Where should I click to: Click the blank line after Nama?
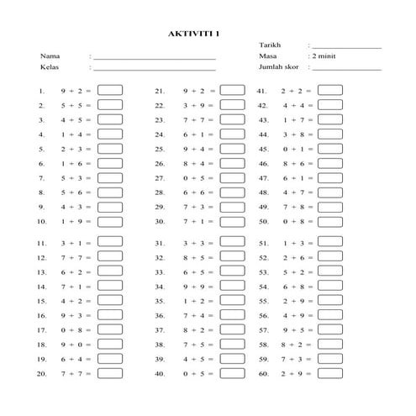[x=155, y=58]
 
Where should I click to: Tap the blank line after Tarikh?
[x=346, y=47]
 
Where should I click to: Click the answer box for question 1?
[x=110, y=90]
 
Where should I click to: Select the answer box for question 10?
[x=110, y=222]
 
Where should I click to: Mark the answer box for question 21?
[x=232, y=90]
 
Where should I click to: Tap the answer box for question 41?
[x=330, y=90]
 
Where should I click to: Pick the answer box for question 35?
[x=232, y=300]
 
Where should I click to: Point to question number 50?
[x=263, y=223]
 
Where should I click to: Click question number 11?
[x=41, y=243]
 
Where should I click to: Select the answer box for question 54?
[x=330, y=286]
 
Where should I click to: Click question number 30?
[x=159, y=223]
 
